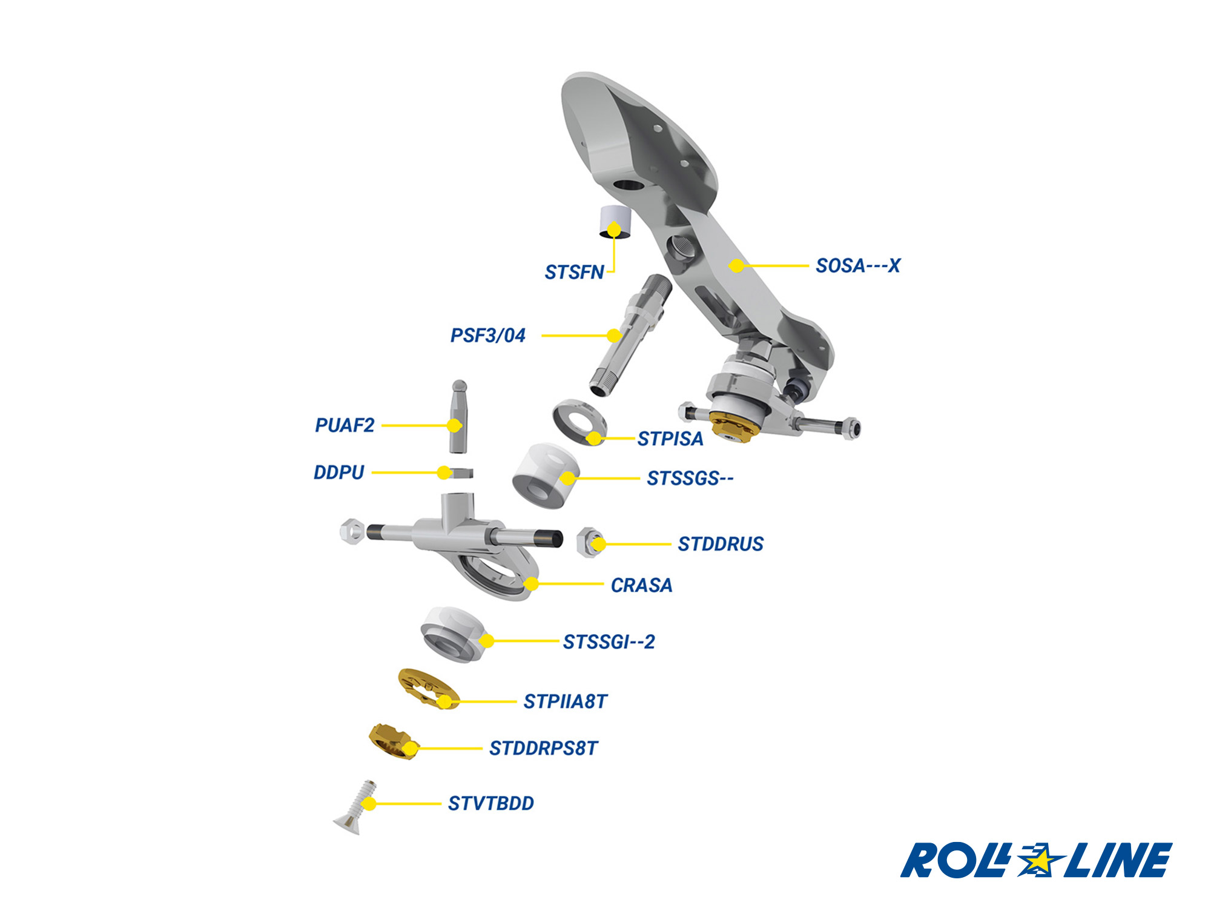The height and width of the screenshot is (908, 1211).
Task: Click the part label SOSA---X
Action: (x=857, y=266)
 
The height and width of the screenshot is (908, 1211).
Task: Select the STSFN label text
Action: (x=574, y=273)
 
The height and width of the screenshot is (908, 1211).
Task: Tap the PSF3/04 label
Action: (x=487, y=336)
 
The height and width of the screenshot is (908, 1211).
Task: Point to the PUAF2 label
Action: (x=345, y=425)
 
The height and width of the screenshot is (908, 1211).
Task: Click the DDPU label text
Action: (x=338, y=472)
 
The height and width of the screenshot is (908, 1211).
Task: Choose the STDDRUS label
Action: (x=721, y=544)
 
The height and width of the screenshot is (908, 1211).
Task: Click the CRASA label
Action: (x=641, y=585)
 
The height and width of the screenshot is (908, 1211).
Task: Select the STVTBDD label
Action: (x=490, y=804)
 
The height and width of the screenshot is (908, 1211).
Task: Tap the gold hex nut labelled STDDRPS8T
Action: (x=392, y=740)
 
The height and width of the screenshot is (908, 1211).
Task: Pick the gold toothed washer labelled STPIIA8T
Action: (x=427, y=689)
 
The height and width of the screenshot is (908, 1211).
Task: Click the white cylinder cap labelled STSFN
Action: (x=614, y=222)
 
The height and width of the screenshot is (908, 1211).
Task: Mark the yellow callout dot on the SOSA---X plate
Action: (x=736, y=265)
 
